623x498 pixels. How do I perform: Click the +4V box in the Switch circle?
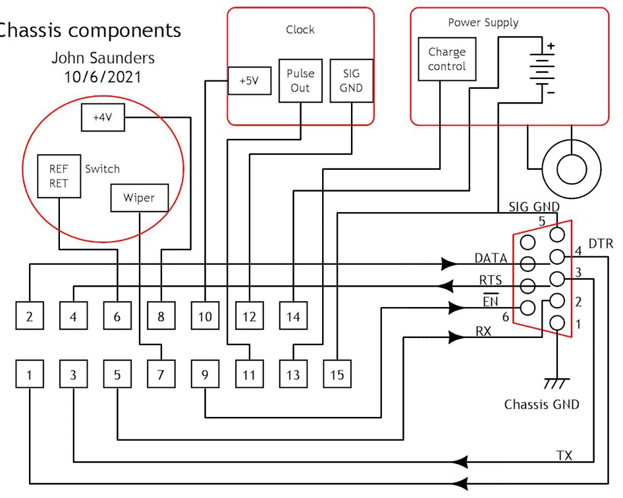(x=102, y=117)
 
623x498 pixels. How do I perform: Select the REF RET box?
(x=59, y=176)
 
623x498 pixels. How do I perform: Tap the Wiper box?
(x=139, y=198)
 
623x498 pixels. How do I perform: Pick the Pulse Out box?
(x=300, y=81)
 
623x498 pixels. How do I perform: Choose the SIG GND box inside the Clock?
(x=351, y=81)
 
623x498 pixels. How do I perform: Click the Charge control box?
(x=447, y=59)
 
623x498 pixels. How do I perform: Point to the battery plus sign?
(x=551, y=47)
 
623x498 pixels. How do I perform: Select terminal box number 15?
(x=337, y=375)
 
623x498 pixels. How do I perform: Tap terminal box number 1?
(x=30, y=375)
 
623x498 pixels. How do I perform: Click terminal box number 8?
(x=161, y=317)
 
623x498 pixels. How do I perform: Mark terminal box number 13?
(x=293, y=375)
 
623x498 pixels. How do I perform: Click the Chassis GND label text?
(x=541, y=404)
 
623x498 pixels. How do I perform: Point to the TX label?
(x=564, y=456)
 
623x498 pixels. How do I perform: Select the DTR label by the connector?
(x=600, y=244)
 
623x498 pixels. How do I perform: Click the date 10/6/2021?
(x=102, y=76)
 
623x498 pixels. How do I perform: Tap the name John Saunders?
(x=103, y=58)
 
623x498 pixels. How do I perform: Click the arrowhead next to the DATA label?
(x=449, y=264)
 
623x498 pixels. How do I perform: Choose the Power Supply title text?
(x=483, y=22)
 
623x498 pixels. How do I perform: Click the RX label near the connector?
(x=483, y=331)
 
